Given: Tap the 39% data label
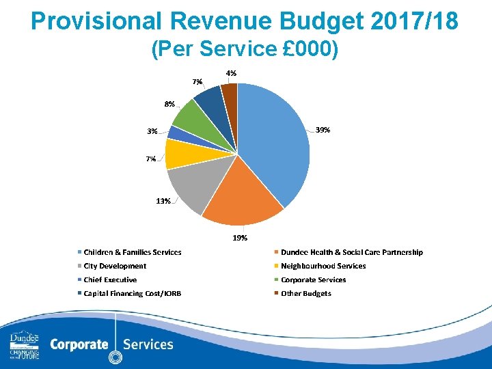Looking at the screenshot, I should coord(323,130).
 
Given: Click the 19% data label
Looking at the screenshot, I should coord(240,238).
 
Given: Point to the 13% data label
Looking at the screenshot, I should coord(163,201).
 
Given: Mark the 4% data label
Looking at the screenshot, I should coord(232,73).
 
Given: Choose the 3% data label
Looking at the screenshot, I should coord(152,131).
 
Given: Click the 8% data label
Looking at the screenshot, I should coord(169,104).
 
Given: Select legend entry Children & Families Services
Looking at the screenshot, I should coord(132,252).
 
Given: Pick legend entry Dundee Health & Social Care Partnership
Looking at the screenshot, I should coord(351,252).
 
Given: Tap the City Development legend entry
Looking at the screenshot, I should coord(114,266).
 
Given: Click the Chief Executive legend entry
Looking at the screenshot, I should coord(109,279).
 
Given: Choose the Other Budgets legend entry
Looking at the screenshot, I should coord(305,293).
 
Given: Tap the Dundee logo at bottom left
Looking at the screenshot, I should coord(24,346).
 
